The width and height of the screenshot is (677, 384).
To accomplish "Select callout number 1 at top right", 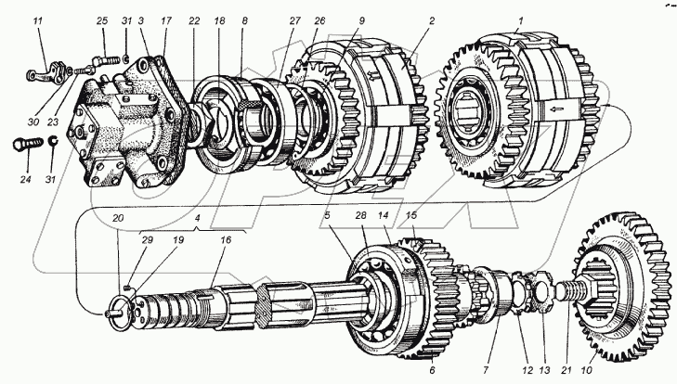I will coord(520,19).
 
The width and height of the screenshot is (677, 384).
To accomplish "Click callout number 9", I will coord(360,19).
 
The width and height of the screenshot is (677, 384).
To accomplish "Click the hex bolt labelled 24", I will coord(28,146).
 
